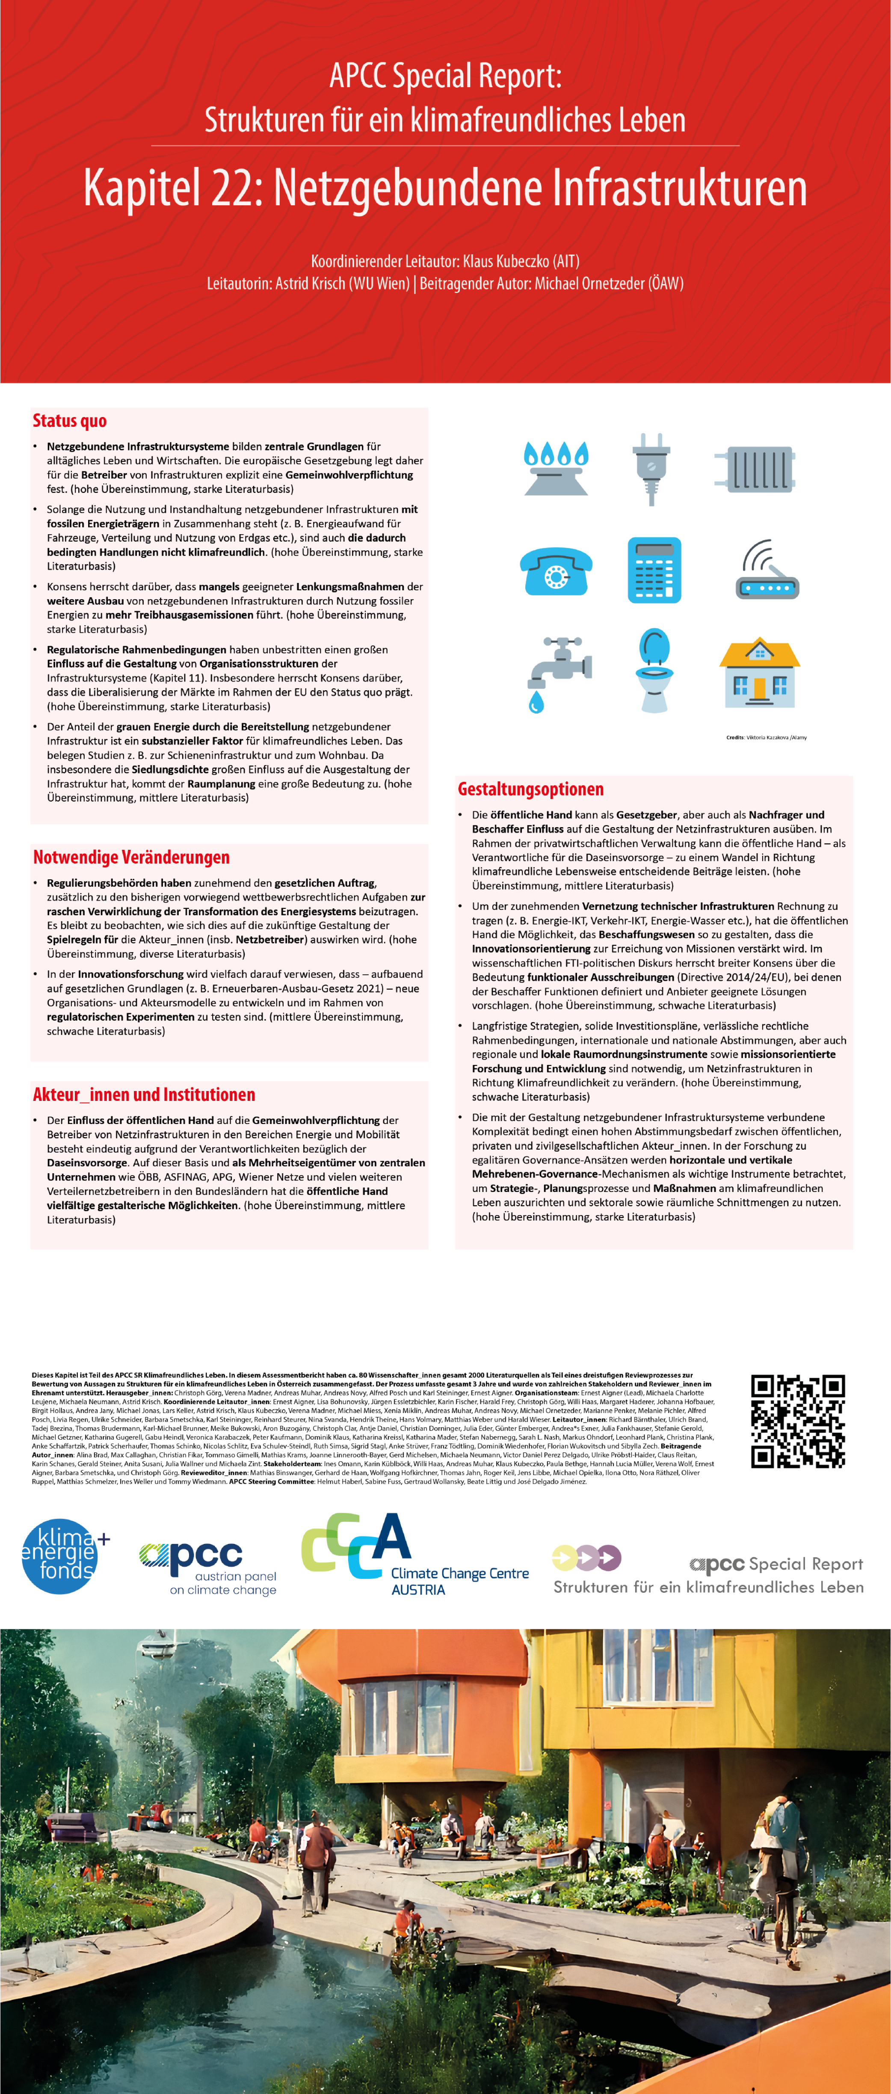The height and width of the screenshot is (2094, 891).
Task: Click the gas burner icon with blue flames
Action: (x=556, y=468)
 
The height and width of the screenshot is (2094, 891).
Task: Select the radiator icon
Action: (x=755, y=469)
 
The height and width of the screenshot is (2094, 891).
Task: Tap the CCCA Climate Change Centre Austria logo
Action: (x=414, y=1554)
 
